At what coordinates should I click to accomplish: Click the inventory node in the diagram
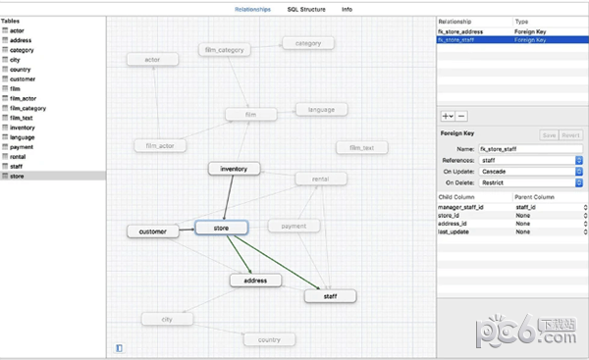tap(234, 169)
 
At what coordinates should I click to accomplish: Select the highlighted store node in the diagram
tap(221, 227)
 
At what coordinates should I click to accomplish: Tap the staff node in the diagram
tap(330, 294)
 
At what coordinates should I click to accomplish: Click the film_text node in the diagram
tap(361, 148)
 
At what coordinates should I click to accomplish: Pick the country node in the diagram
tap(269, 339)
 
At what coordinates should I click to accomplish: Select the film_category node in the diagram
tap(224, 49)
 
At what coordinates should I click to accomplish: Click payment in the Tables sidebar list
tap(23, 147)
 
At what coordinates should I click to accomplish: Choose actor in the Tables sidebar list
tap(19, 30)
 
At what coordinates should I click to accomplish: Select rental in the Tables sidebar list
tap(20, 157)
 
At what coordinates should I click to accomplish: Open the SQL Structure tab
tap(307, 9)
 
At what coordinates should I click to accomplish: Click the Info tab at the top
tap(348, 9)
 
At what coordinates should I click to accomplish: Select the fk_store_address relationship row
tap(472, 30)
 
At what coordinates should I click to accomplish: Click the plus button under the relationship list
tap(447, 116)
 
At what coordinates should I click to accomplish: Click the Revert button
tap(571, 135)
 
